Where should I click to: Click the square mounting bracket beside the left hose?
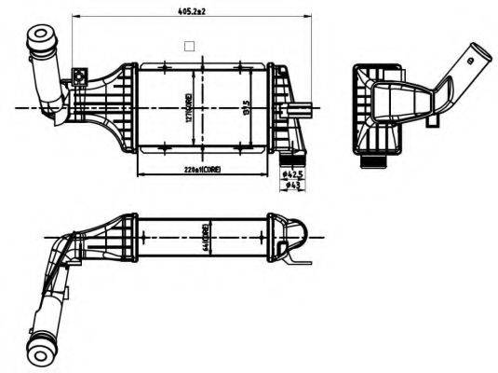pos(81,76)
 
